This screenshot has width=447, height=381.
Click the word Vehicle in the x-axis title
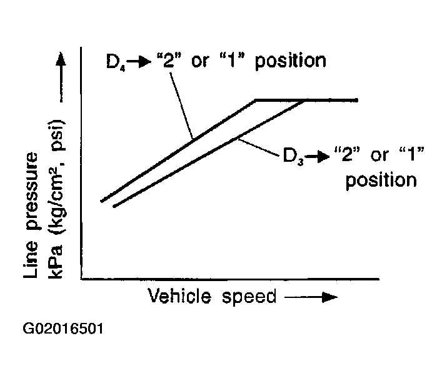tap(182, 296)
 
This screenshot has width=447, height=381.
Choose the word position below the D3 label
tap(381, 181)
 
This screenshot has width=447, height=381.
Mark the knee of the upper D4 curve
tap(255, 100)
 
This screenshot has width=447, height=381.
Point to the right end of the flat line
tap(356, 100)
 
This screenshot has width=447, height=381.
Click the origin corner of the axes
tap(82, 280)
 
